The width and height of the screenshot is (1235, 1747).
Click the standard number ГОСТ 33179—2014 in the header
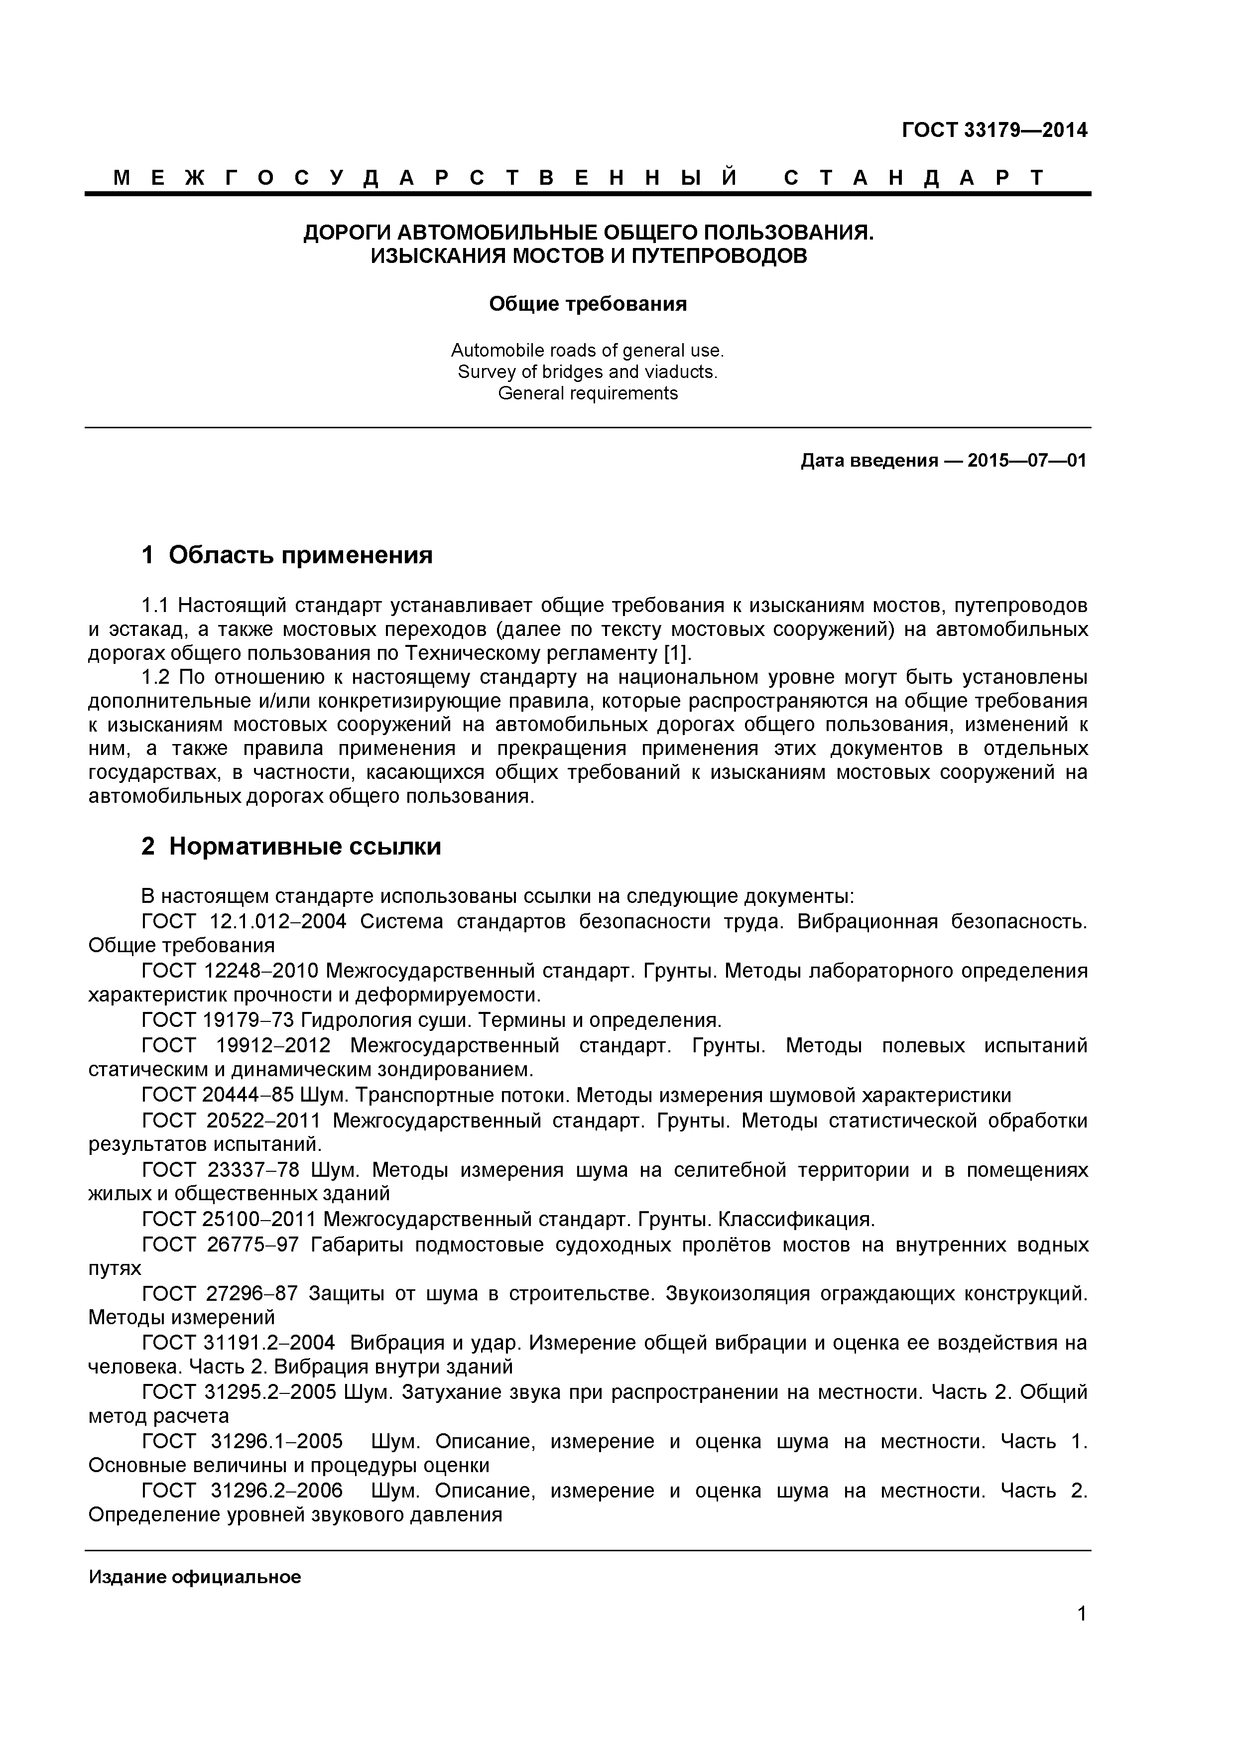(994, 130)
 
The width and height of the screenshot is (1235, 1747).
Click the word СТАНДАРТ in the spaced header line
(914, 178)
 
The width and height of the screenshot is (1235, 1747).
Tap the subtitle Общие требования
(588, 304)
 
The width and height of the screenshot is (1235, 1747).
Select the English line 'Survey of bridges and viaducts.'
(588, 372)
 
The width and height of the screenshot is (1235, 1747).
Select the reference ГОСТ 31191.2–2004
(238, 1343)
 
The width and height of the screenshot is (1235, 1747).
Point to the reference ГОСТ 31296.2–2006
(242, 1490)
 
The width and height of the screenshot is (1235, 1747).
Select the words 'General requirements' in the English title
(588, 393)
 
